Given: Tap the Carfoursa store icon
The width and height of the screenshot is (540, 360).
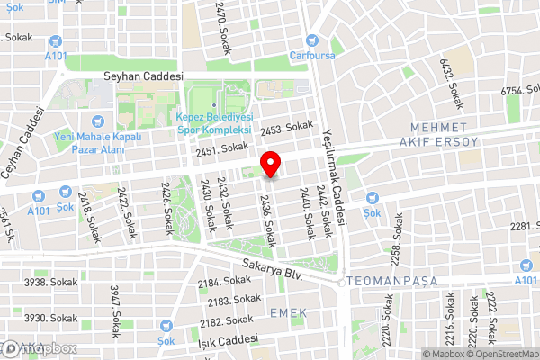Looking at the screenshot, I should tap(313, 40).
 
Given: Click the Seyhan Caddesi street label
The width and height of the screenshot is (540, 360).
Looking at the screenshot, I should tap(143, 76).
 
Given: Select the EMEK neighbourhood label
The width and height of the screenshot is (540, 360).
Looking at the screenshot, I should tap(288, 312).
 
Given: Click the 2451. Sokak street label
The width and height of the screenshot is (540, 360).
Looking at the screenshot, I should tap(221, 148).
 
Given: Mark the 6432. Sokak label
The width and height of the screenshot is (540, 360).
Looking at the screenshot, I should tap(450, 82).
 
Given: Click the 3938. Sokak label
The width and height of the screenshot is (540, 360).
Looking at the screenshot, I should tap(48, 282).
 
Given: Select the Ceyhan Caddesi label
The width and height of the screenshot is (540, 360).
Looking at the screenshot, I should tap(23, 144).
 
